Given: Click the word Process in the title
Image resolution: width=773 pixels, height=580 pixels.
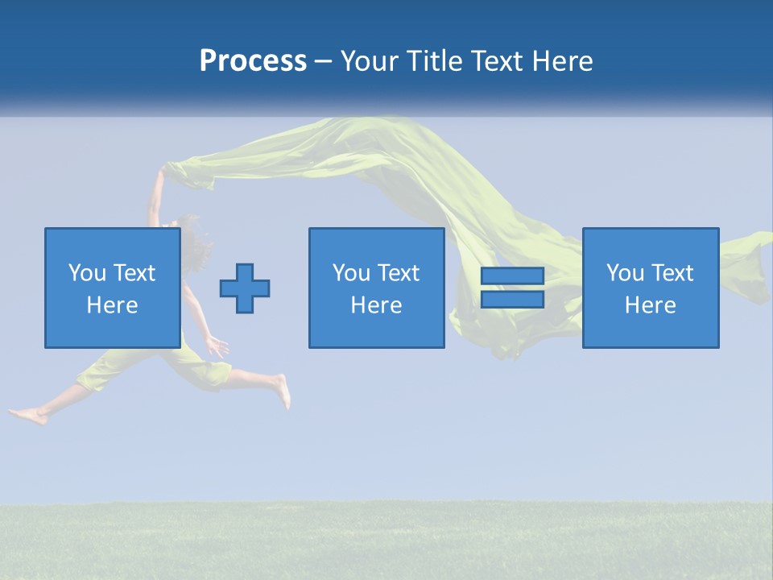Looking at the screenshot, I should (253, 61).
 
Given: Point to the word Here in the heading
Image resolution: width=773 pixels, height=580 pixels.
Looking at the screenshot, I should (561, 61).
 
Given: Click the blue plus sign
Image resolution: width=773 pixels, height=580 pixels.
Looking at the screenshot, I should (245, 288).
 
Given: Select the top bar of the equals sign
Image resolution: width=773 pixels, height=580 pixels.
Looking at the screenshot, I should (512, 276).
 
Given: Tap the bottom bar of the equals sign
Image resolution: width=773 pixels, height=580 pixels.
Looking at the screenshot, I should (512, 300).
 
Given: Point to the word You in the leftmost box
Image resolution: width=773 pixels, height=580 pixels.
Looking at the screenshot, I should (85, 273).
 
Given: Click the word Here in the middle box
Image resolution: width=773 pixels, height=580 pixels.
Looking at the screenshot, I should (376, 305).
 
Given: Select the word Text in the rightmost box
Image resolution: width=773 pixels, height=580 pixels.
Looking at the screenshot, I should (672, 273).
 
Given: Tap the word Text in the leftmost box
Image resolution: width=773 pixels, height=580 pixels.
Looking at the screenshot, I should (134, 273).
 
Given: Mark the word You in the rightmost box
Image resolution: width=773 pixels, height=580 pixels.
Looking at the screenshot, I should (624, 273).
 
